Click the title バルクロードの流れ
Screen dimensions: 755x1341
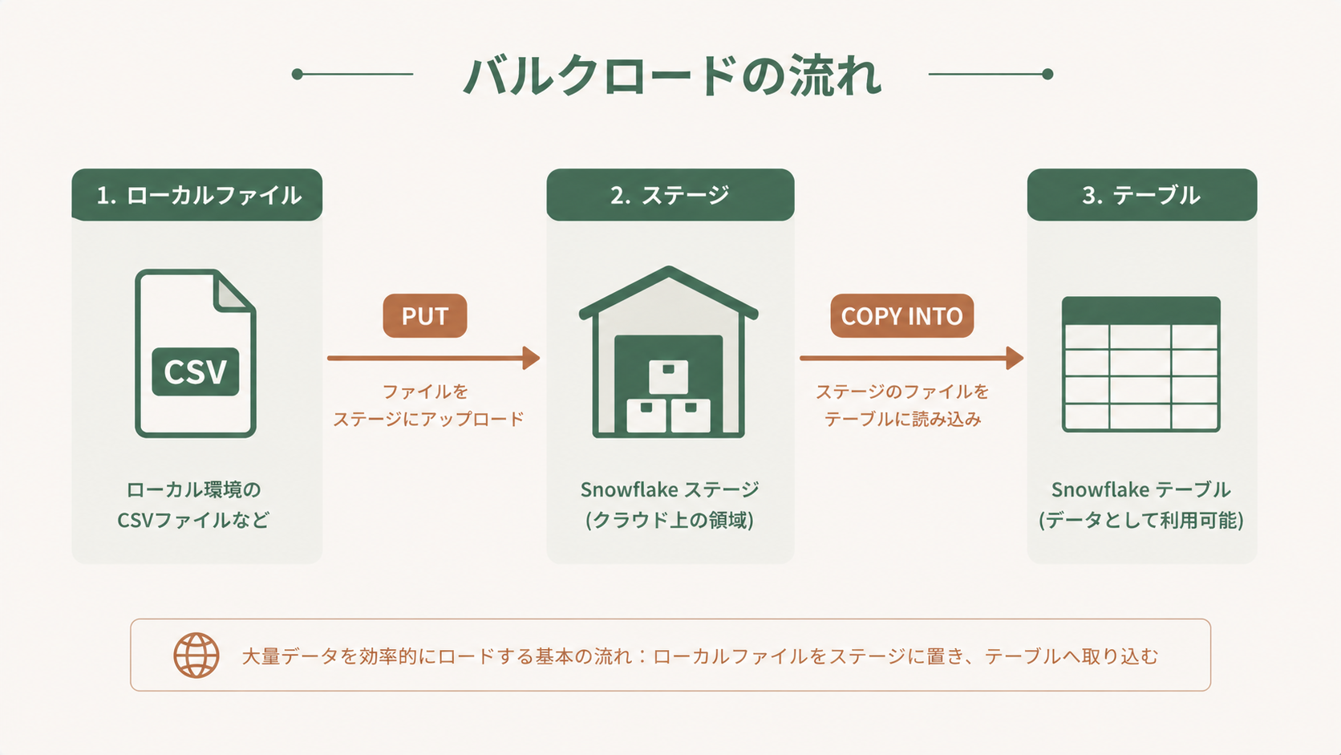coord(672,75)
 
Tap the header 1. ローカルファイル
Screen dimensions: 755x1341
coord(197,195)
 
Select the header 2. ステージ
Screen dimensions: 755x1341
coord(670,195)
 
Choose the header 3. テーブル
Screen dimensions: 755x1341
coord(1141,195)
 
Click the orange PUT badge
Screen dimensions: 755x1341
coord(424,316)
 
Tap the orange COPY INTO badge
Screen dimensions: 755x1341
coord(901,316)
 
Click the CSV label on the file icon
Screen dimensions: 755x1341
coord(196,371)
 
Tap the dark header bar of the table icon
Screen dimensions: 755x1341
coord(1140,311)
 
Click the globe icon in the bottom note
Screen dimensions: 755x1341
coord(196,656)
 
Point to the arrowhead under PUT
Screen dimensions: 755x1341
coord(531,358)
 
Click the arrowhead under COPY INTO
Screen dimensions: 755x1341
coord(1015,358)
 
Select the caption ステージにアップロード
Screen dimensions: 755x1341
coord(428,419)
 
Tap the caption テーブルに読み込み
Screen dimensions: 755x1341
coord(902,419)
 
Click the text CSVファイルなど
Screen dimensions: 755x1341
coord(193,520)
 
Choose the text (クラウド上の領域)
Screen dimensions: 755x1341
coord(670,520)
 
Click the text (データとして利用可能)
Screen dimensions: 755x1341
coord(1141,520)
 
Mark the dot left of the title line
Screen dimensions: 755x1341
coord(298,75)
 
